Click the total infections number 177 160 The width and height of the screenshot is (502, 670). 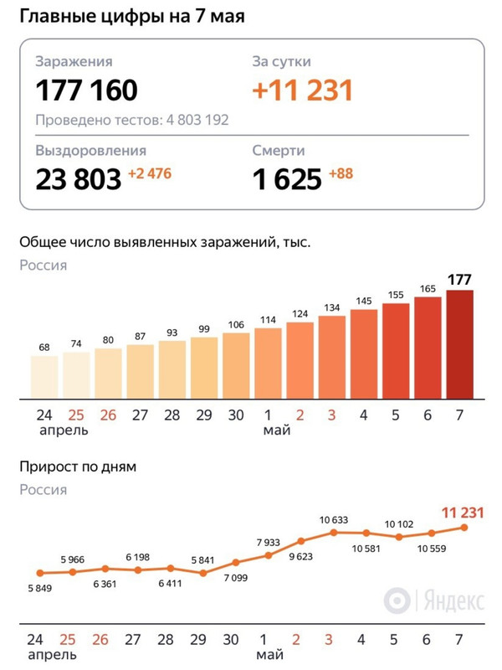click(86, 90)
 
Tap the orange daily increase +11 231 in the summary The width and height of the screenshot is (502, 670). click(303, 90)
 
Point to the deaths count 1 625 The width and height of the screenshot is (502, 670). click(287, 178)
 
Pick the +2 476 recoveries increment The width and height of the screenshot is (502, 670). click(151, 174)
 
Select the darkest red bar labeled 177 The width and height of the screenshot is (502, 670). click(460, 343)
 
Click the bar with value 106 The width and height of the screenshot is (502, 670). click(236, 365)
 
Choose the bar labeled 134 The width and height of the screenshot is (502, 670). click(332, 357)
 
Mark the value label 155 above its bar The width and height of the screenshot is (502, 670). click(396, 295)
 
